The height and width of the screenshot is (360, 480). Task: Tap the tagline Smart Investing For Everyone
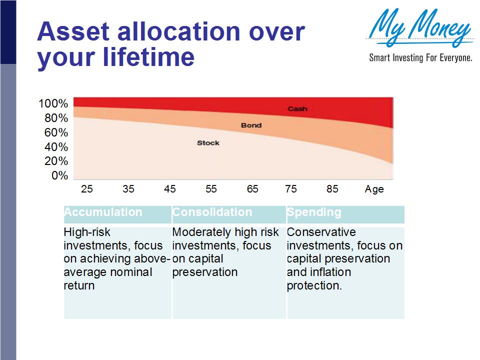click(x=420, y=58)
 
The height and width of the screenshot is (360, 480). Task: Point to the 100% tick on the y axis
click(x=53, y=104)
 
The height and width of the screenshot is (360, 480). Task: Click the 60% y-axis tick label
click(x=56, y=132)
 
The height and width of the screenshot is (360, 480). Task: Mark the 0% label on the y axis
click(x=59, y=175)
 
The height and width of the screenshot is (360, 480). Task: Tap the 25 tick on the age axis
click(x=87, y=189)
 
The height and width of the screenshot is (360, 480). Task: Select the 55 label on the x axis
click(x=211, y=189)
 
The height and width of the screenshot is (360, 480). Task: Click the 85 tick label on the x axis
click(x=332, y=189)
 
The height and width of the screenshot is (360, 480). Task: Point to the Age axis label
click(x=374, y=189)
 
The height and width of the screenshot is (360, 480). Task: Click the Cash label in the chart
click(x=297, y=108)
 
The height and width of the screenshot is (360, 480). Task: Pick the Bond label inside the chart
click(x=251, y=125)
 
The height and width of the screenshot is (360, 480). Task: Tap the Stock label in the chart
click(x=208, y=143)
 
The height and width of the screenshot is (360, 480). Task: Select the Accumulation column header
click(x=103, y=212)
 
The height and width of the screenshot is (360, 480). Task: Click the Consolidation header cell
click(x=212, y=212)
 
